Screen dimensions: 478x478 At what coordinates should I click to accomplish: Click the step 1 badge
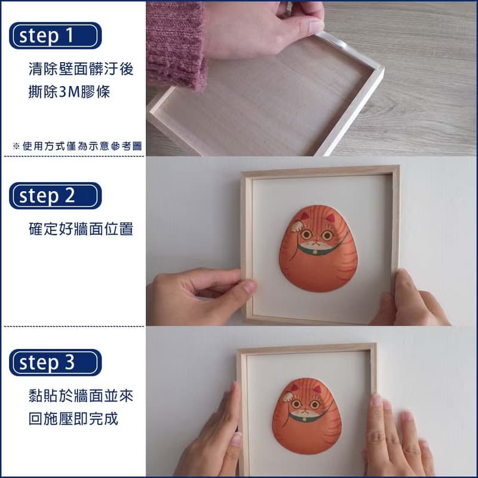click(55, 35)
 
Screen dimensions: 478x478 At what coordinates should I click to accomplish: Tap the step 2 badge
click(55, 195)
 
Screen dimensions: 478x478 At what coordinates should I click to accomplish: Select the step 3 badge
click(55, 362)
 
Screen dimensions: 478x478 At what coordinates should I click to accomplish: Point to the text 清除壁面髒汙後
click(81, 69)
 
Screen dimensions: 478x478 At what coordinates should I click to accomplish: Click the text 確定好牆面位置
click(81, 229)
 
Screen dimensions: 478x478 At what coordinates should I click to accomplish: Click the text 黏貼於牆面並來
click(81, 396)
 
